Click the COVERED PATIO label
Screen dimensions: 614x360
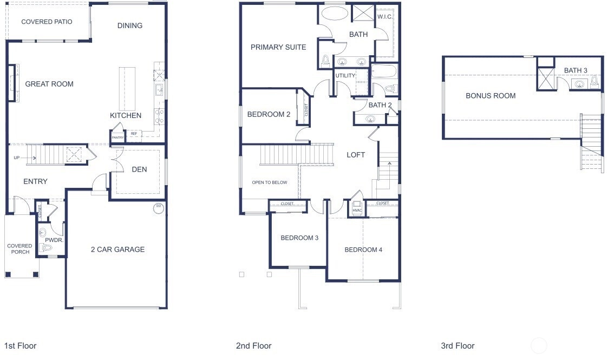click(47, 22)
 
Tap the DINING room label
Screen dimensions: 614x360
click(130, 26)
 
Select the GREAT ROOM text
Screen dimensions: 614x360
click(49, 84)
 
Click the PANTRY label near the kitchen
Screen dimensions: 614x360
click(117, 138)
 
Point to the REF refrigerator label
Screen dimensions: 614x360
click(134, 134)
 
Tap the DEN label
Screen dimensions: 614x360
click(139, 169)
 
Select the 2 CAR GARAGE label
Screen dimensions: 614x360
click(118, 250)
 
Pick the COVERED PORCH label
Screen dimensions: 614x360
click(20, 249)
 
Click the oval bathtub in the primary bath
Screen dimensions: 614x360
click(335, 14)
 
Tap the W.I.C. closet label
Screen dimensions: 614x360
click(384, 17)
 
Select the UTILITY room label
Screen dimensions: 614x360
click(345, 76)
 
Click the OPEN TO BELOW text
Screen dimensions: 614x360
click(270, 182)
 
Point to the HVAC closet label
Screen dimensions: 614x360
click(357, 211)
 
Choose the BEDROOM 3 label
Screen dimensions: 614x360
click(299, 238)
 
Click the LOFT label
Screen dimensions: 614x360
click(356, 155)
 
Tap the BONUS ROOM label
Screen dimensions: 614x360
click(491, 96)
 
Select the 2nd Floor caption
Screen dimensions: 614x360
click(254, 346)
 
